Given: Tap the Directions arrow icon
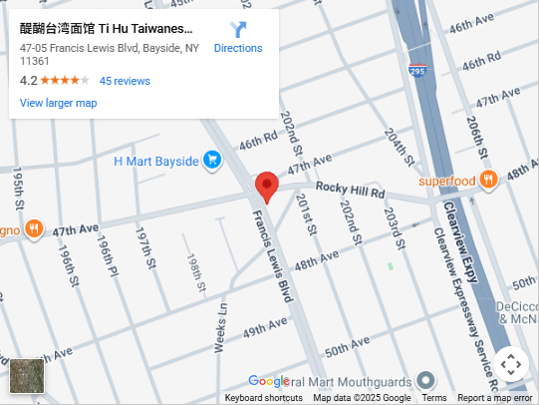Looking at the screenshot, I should (238, 30).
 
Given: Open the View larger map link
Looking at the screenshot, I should (58, 103).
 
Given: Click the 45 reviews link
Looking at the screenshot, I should (125, 81).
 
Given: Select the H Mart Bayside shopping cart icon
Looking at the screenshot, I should (211, 159).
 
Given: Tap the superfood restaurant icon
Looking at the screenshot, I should (487, 180).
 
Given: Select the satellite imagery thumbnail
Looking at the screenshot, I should (27, 376).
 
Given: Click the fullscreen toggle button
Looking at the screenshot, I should (511, 364).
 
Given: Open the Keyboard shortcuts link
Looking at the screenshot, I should (263, 398).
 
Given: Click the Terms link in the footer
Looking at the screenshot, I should (433, 398).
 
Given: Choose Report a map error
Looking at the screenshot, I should (494, 398).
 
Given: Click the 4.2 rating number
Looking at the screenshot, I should (28, 81).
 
